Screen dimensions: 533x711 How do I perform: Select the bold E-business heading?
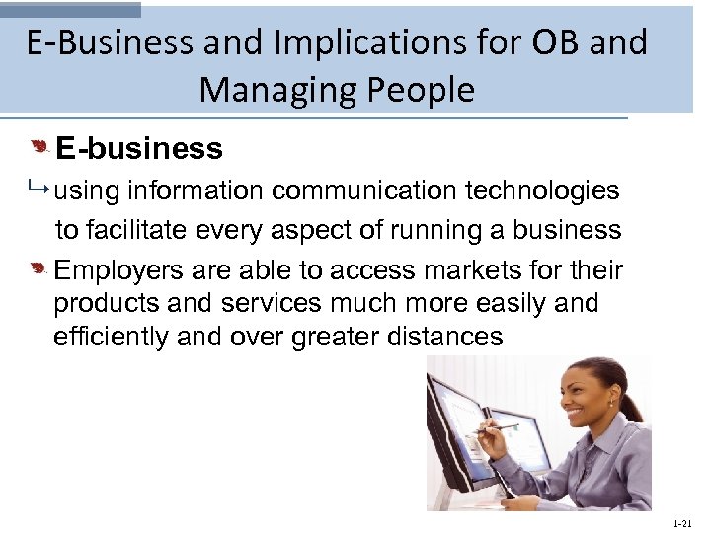click(139, 149)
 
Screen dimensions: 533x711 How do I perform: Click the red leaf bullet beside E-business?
click(39, 147)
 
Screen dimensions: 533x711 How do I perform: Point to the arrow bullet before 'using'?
click(40, 190)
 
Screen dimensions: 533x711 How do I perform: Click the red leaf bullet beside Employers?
click(39, 267)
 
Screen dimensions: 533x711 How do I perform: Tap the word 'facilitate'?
click(148, 230)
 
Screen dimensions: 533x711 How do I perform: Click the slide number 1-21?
click(681, 521)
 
